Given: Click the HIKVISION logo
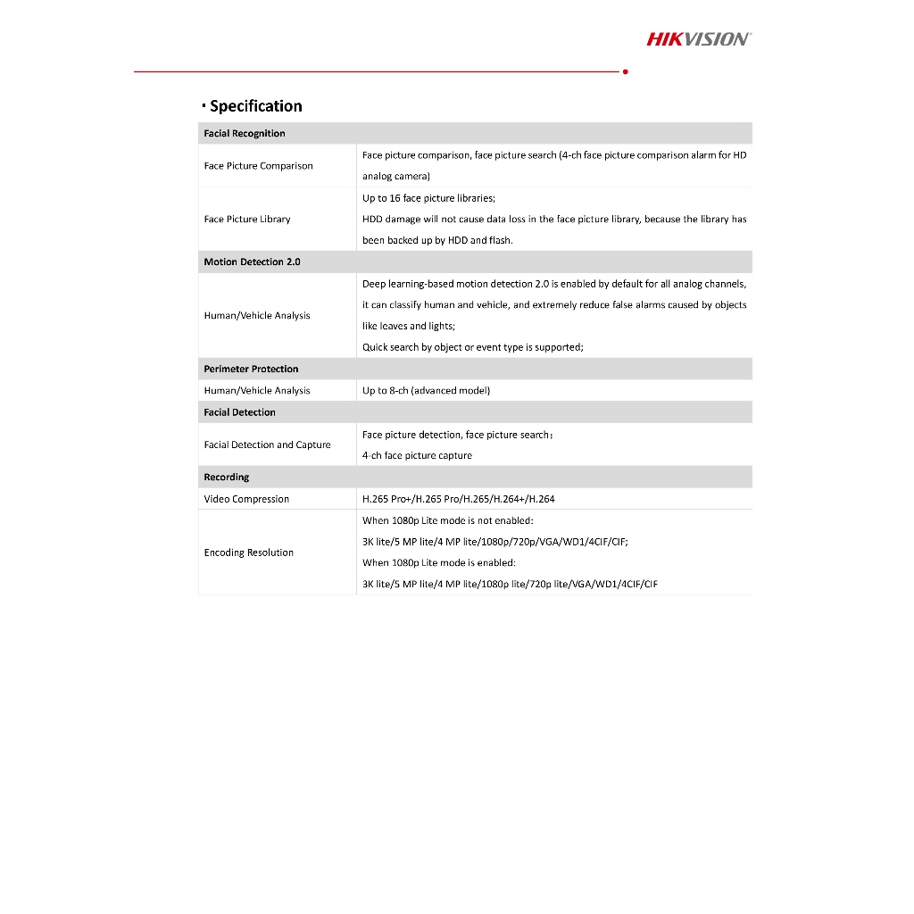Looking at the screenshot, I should coord(698,38).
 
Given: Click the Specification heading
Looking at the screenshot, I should coord(255,106).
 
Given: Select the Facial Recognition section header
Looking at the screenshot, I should coord(245,134).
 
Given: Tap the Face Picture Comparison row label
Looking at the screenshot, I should coord(258,166).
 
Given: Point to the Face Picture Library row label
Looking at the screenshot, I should coord(247,220).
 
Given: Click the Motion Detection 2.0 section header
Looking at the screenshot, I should coord(252,262).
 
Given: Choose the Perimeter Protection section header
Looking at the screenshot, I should coord(251,369).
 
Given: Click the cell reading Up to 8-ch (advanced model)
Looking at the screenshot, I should coord(426,391).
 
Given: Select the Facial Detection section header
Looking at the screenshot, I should coord(239,412).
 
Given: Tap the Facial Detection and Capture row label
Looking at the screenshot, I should coord(267,445).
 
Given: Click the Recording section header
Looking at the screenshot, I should coord(227,478).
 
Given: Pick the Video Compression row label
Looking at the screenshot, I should coord(246,499).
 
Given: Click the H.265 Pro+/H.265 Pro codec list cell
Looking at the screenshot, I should coord(458,499).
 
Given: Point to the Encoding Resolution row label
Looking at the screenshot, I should coord(248,553).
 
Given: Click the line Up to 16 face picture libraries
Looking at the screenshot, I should coord(428,198).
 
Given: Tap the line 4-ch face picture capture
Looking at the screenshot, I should coord(417,455).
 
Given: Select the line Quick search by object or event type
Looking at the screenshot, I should coord(472,347).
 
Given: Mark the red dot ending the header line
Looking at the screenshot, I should coord(625,71).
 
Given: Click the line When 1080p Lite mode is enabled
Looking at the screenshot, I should coord(438,563).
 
